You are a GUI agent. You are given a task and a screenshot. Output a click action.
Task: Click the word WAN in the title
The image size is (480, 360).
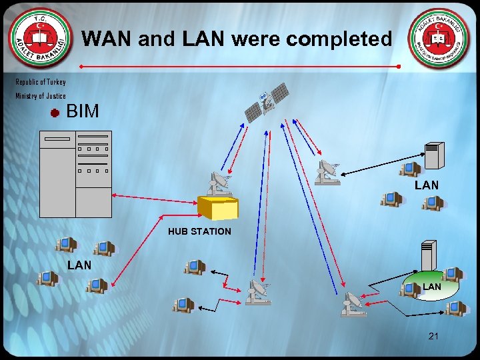[x=107, y=39]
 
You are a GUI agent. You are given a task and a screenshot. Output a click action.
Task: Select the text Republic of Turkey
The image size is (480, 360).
[x=41, y=82]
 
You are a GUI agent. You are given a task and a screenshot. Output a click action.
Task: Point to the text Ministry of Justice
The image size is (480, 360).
[x=41, y=96]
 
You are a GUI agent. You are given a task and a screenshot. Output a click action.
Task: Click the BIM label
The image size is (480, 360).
[x=83, y=111]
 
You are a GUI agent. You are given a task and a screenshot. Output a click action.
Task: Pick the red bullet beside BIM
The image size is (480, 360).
[x=55, y=113]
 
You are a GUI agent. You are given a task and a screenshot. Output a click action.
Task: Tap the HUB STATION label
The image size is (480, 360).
[x=199, y=231]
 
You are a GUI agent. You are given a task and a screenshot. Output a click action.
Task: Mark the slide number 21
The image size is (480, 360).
[x=433, y=336]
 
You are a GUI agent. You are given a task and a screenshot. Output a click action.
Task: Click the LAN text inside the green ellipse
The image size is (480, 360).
[x=431, y=287]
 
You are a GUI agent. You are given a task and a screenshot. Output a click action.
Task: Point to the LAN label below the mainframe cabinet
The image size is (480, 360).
[x=79, y=265]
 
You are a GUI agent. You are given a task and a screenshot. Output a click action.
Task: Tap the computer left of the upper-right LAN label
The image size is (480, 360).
[x=391, y=199]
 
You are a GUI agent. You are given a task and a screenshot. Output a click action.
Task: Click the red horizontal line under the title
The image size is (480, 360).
[x=239, y=67]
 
